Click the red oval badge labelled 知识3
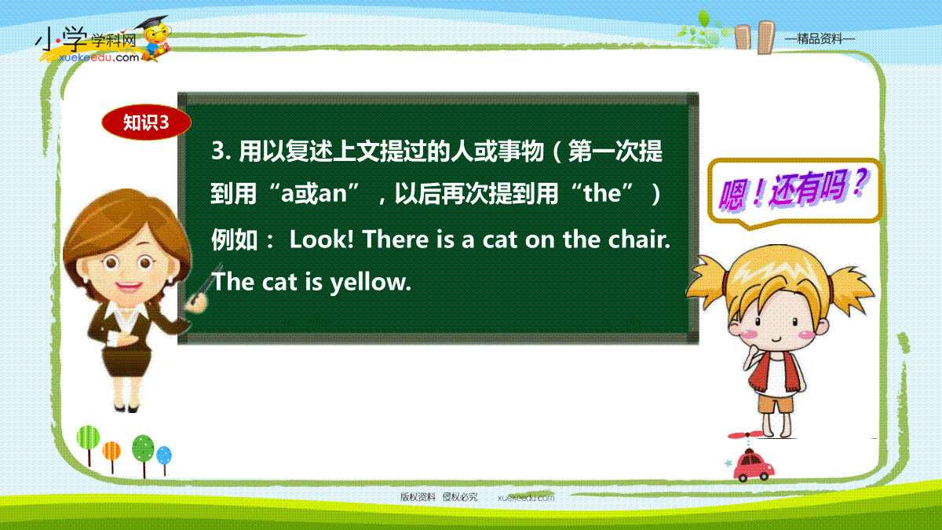[x=146, y=122]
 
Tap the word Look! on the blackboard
[x=322, y=239]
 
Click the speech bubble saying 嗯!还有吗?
[x=794, y=193]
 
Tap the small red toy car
[x=754, y=466]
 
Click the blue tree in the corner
[x=164, y=455]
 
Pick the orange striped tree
[x=111, y=451]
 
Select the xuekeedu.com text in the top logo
[x=99, y=57]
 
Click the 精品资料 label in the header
[x=820, y=39]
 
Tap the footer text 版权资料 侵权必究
[x=439, y=497]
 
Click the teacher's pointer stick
[x=206, y=283]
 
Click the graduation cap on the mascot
[x=152, y=23]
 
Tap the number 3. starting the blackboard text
[x=221, y=151]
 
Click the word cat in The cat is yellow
[x=279, y=282]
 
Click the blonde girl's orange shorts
[x=776, y=403]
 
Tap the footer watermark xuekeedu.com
[x=526, y=498]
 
